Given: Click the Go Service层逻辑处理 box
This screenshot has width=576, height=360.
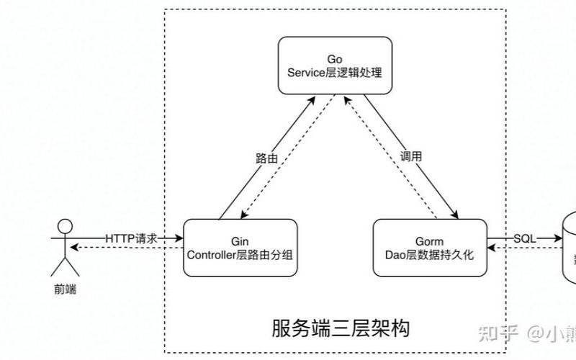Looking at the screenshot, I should (335, 66).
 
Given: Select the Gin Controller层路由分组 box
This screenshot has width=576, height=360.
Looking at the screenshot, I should (240, 247).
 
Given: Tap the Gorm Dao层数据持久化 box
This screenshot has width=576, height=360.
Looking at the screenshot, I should (430, 247).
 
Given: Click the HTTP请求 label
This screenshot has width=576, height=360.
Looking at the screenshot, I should (131, 238).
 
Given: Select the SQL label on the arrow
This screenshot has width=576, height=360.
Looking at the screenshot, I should (524, 238).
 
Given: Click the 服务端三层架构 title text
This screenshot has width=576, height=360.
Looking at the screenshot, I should (341, 328).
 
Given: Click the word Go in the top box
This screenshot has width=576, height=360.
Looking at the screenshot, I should (335, 58).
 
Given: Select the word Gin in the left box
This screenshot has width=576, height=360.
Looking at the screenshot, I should (240, 240).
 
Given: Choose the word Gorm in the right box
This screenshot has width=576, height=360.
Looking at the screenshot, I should (430, 240).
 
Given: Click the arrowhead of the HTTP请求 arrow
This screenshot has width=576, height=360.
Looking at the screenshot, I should (179, 238).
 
